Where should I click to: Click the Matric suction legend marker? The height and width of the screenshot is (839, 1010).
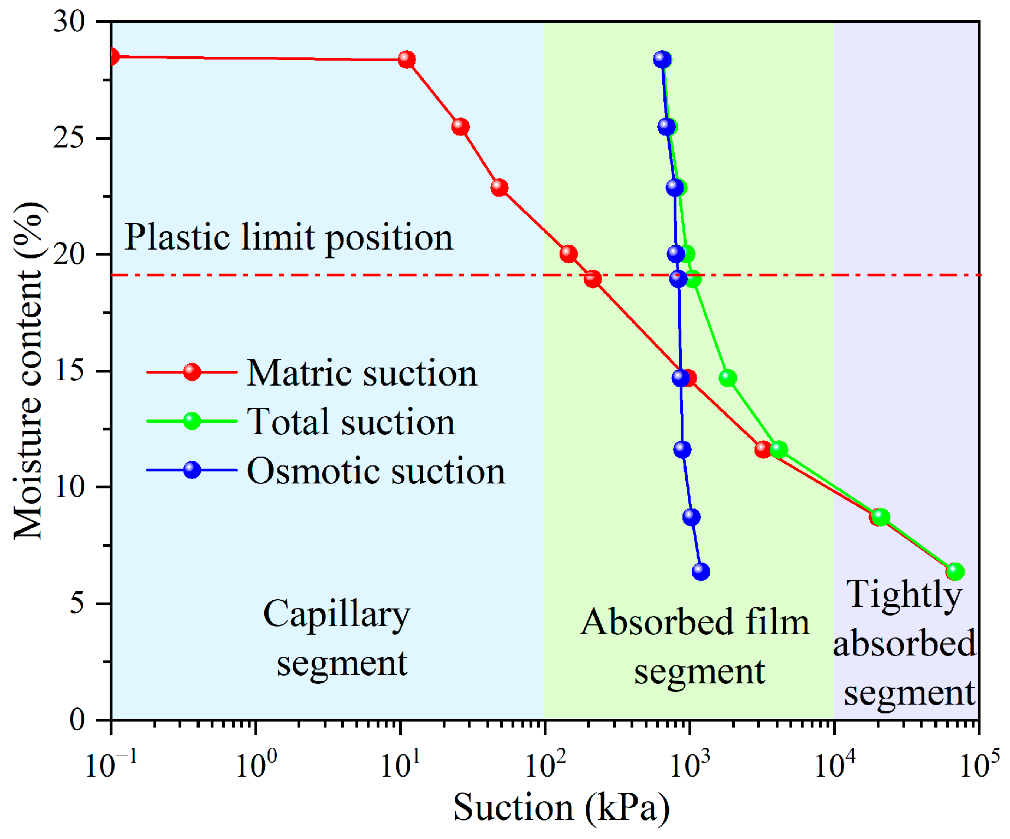pyautogui.click(x=192, y=372)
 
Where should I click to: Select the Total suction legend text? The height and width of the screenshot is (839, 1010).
pyautogui.click(x=351, y=422)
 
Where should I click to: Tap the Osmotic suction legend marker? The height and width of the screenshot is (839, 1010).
pyautogui.click(x=192, y=470)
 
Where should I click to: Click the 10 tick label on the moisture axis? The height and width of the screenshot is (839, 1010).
pyautogui.click(x=69, y=487)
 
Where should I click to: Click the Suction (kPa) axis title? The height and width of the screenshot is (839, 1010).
pyautogui.click(x=561, y=808)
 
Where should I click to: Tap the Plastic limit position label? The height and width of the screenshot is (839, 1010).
pyautogui.click(x=288, y=238)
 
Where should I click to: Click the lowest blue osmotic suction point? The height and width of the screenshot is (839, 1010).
pyautogui.click(x=700, y=572)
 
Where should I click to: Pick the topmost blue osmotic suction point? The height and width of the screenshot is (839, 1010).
pyautogui.click(x=662, y=59)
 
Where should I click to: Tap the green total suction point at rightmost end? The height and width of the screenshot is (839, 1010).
pyautogui.click(x=955, y=572)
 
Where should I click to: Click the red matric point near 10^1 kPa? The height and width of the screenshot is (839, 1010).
pyautogui.click(x=406, y=59)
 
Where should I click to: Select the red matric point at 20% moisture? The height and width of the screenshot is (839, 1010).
pyautogui.click(x=568, y=254)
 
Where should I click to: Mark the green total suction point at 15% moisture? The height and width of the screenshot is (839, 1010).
pyautogui.click(x=728, y=378)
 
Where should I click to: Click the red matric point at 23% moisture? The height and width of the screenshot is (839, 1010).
pyautogui.click(x=499, y=188)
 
